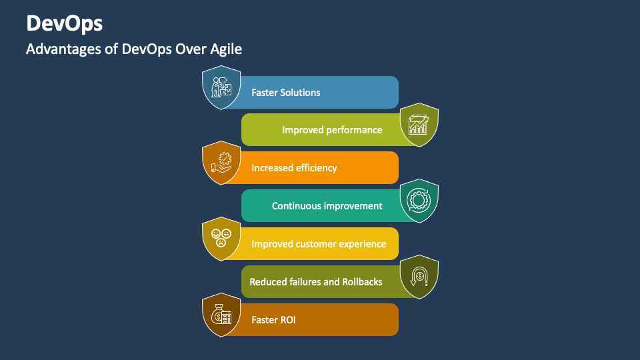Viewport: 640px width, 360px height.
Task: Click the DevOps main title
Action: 65,23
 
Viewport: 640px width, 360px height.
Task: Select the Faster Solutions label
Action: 285,93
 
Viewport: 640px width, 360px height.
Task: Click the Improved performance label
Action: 332,130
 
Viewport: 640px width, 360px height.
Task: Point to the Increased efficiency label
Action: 294,168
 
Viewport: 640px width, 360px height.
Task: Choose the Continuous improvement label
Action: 327,206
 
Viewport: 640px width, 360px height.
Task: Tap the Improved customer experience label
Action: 319,244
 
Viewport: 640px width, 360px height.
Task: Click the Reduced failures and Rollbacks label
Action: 316,282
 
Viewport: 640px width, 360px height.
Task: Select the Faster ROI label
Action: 273,320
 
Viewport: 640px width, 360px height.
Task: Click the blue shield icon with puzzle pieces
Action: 221,87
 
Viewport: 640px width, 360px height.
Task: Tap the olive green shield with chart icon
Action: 419,125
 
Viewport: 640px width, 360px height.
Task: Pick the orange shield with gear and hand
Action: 221,163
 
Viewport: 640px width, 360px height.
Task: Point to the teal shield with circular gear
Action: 419,201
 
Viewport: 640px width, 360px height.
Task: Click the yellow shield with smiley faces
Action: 221,239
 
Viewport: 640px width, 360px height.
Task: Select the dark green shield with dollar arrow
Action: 419,277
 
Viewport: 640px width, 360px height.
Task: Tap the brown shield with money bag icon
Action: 221,315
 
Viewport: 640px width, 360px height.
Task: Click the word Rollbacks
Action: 362,282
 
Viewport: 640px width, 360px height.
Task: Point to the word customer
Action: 319,244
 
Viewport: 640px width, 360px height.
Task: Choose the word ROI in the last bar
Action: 287,320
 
